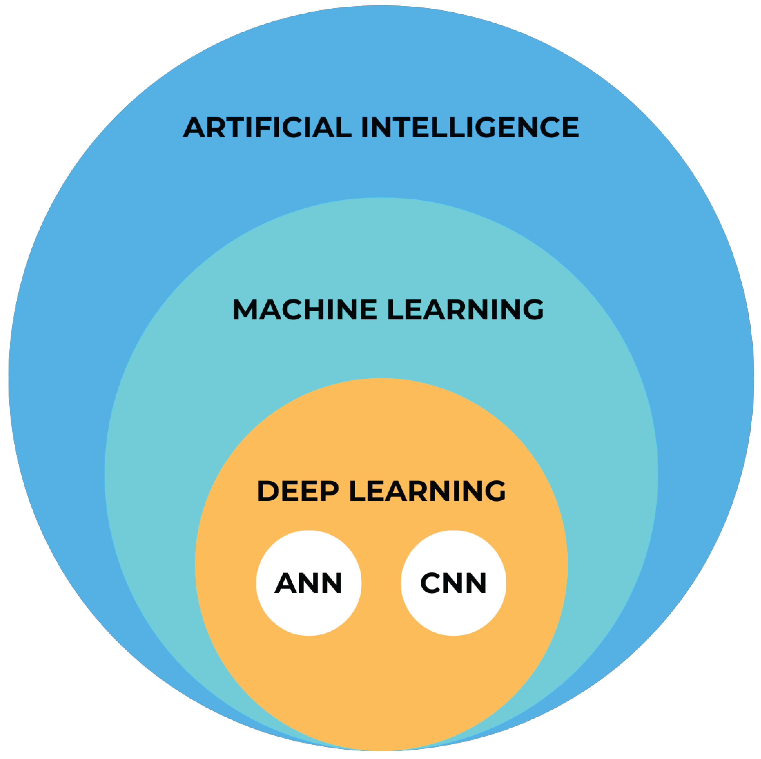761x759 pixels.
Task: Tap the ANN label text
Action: tap(308, 583)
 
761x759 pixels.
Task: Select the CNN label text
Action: tap(453, 583)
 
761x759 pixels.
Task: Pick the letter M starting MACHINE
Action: tap(244, 309)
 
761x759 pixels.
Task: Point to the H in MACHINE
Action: tap(314, 309)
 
